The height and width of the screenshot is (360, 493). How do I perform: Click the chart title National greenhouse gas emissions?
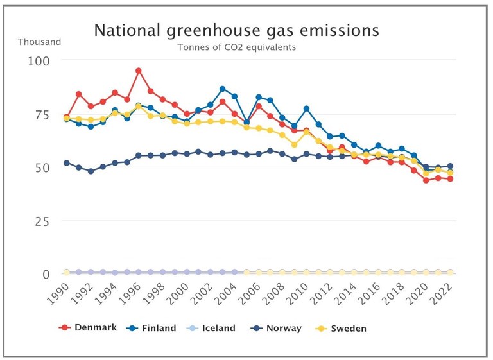click(x=236, y=30)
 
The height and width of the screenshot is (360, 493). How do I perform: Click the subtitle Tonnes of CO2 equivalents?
click(x=236, y=47)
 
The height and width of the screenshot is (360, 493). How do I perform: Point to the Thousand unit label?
click(x=39, y=42)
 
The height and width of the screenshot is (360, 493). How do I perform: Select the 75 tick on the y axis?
click(x=42, y=114)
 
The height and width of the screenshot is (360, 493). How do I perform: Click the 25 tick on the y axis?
click(x=42, y=221)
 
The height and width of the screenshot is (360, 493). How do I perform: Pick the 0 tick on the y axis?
click(x=46, y=274)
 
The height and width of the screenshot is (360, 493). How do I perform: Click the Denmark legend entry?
click(x=88, y=328)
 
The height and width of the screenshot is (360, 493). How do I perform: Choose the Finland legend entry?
click(x=151, y=328)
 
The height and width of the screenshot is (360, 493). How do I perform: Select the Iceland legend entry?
click(x=211, y=328)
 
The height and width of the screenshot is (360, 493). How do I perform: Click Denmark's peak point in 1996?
click(x=139, y=71)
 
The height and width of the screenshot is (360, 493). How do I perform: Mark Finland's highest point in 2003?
click(x=222, y=89)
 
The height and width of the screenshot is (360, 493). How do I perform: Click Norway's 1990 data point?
click(x=67, y=163)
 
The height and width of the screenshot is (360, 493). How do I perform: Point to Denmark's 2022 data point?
click(x=450, y=179)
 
